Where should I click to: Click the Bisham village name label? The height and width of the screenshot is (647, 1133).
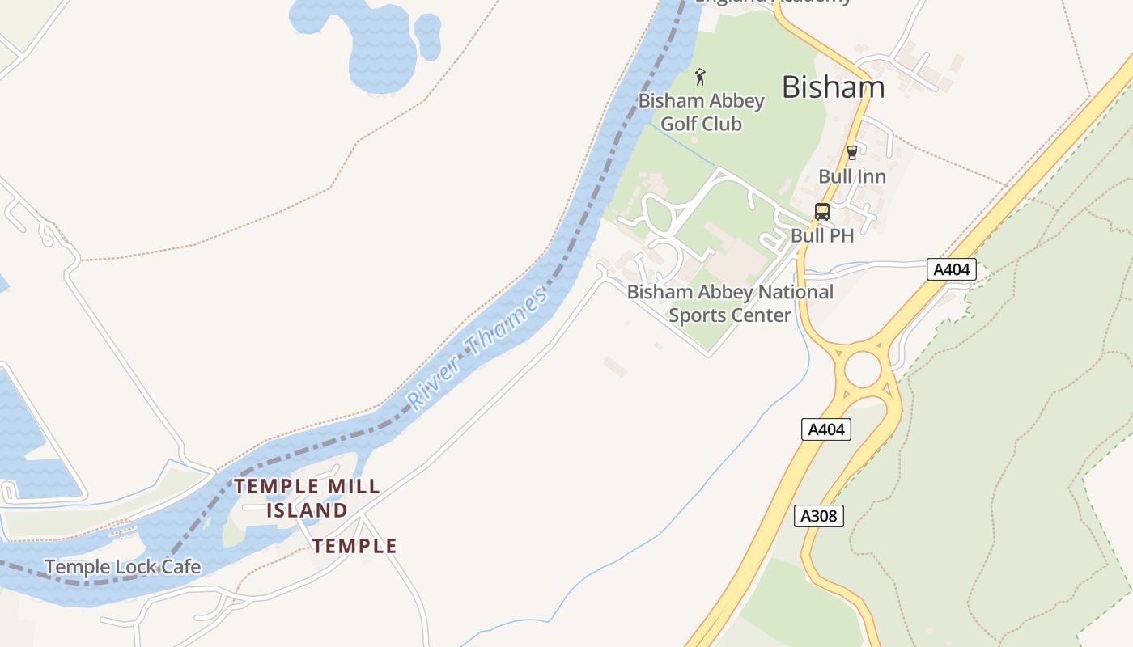tap(833, 87)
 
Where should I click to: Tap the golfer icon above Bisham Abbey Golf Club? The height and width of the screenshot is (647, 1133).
tap(701, 78)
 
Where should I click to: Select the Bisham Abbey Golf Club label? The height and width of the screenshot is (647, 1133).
tap(701, 112)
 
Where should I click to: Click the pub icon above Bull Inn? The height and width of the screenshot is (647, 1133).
tap(851, 152)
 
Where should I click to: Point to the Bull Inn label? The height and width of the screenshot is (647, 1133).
tap(851, 176)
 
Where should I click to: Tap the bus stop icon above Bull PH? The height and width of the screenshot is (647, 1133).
tap(822, 212)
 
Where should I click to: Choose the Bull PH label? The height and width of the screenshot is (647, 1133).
tap(822, 235)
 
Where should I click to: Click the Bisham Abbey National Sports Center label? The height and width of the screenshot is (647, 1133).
tap(730, 303)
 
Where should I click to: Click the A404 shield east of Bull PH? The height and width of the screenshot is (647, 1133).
tap(951, 269)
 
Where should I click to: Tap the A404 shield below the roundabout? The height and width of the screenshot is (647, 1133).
tap(826, 429)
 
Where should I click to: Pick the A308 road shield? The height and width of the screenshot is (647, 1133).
tap(819, 515)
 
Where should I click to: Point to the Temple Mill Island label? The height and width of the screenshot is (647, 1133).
tap(307, 498)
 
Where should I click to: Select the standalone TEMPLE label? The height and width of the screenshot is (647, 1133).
tap(355, 546)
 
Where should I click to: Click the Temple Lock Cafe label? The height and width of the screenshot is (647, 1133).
tap(122, 567)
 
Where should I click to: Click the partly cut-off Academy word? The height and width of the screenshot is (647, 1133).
tap(813, 2)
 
